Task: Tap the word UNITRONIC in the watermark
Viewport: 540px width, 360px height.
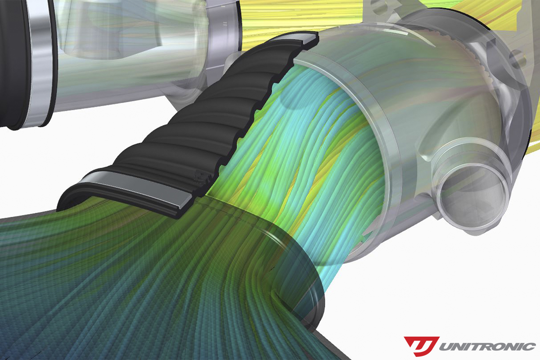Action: click(x=487, y=347)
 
